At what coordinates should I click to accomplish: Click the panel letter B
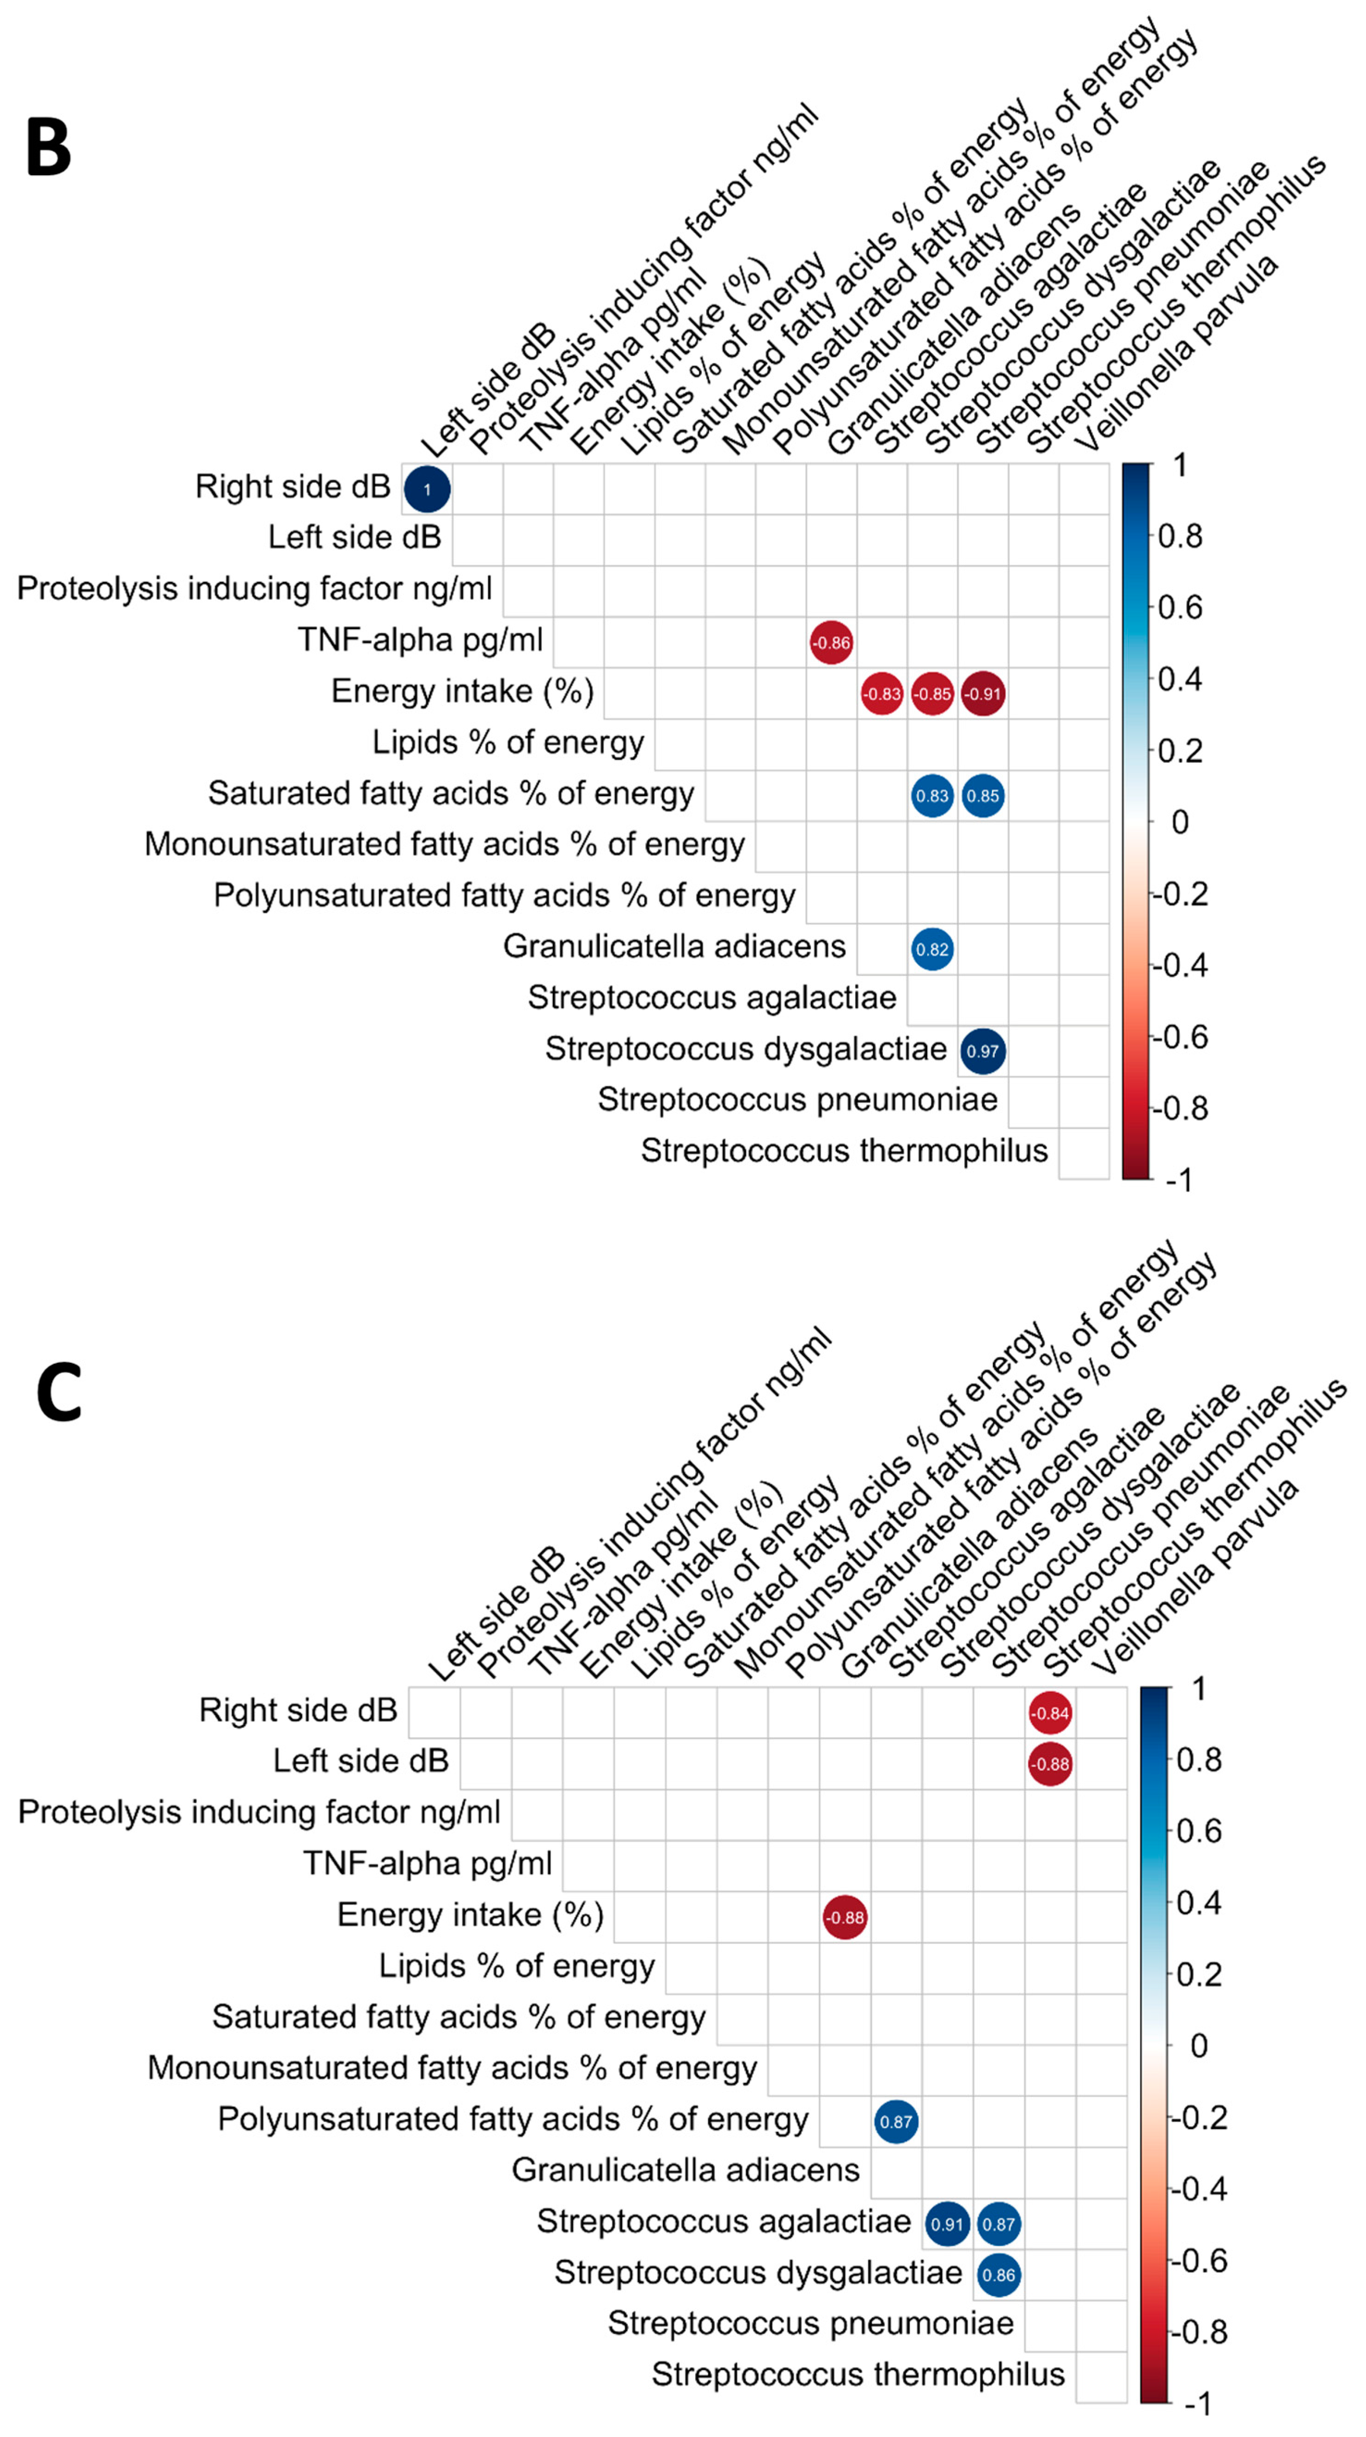point(49,148)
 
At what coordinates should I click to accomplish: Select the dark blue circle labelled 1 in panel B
point(427,489)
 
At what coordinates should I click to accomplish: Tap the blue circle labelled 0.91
point(947,2224)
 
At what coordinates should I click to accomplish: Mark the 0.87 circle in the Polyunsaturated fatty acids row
point(896,2122)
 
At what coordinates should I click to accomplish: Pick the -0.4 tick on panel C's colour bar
point(1199,2189)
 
